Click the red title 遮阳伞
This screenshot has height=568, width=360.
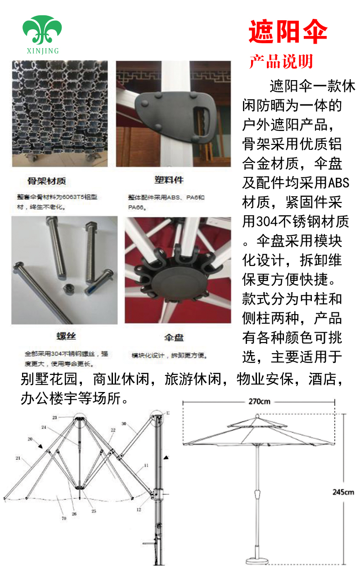[x=288, y=32]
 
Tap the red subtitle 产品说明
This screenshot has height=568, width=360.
[x=281, y=62]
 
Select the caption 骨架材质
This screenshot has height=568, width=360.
[x=47, y=181]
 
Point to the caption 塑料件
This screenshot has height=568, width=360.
[x=169, y=180]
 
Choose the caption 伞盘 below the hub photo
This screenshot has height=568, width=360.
[x=173, y=338]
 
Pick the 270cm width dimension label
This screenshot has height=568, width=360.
[x=259, y=401]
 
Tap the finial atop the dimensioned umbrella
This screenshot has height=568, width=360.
[x=256, y=415]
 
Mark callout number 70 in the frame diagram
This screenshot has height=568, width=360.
[x=63, y=518]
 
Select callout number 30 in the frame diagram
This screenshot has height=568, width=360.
[x=124, y=424]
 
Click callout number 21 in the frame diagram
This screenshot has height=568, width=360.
[x=18, y=458]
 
